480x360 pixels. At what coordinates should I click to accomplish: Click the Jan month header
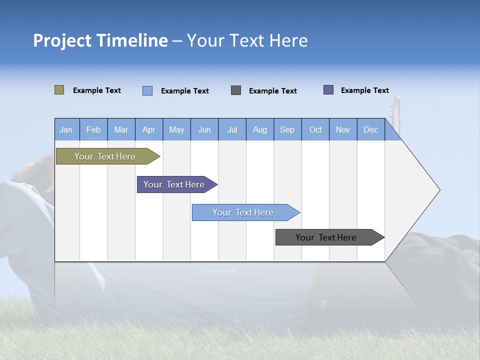[66, 129]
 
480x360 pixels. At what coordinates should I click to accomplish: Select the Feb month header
[93, 129]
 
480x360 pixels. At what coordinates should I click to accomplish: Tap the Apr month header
[148, 129]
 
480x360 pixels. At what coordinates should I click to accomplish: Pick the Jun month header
[204, 129]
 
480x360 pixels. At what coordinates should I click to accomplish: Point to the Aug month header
[259, 129]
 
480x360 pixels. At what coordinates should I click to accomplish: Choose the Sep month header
[287, 129]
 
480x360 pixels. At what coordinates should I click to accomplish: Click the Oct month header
[315, 129]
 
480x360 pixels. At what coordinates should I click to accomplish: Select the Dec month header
[370, 129]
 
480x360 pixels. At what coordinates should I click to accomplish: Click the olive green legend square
[59, 90]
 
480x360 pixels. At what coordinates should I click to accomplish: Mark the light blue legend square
[147, 90]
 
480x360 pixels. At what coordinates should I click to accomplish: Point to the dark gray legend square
[236, 90]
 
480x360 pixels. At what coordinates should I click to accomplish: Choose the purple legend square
[328, 90]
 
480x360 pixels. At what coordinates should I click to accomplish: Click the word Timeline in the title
[132, 40]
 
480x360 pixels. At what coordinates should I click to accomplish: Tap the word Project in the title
[62, 40]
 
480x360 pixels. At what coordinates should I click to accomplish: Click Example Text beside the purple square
[364, 90]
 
